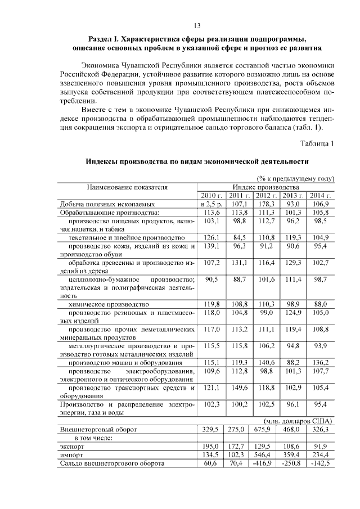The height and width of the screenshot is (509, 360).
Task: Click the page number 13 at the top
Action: [x=197, y=25]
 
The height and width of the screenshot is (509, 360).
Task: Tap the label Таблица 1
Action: [x=317, y=143]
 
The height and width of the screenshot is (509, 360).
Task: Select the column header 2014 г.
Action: [x=321, y=195]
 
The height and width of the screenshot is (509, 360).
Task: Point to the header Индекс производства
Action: [x=266, y=187]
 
